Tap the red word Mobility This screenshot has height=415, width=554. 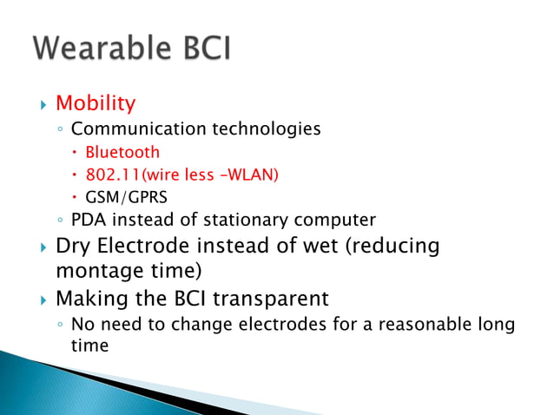pyautogui.click(x=96, y=104)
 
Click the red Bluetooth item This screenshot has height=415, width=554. pyautogui.click(x=122, y=152)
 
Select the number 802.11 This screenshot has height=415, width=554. pyautogui.click(x=114, y=175)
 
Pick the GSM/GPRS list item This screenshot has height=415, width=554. pyautogui.click(x=126, y=197)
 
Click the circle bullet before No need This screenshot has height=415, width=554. pyautogui.click(x=59, y=326)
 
